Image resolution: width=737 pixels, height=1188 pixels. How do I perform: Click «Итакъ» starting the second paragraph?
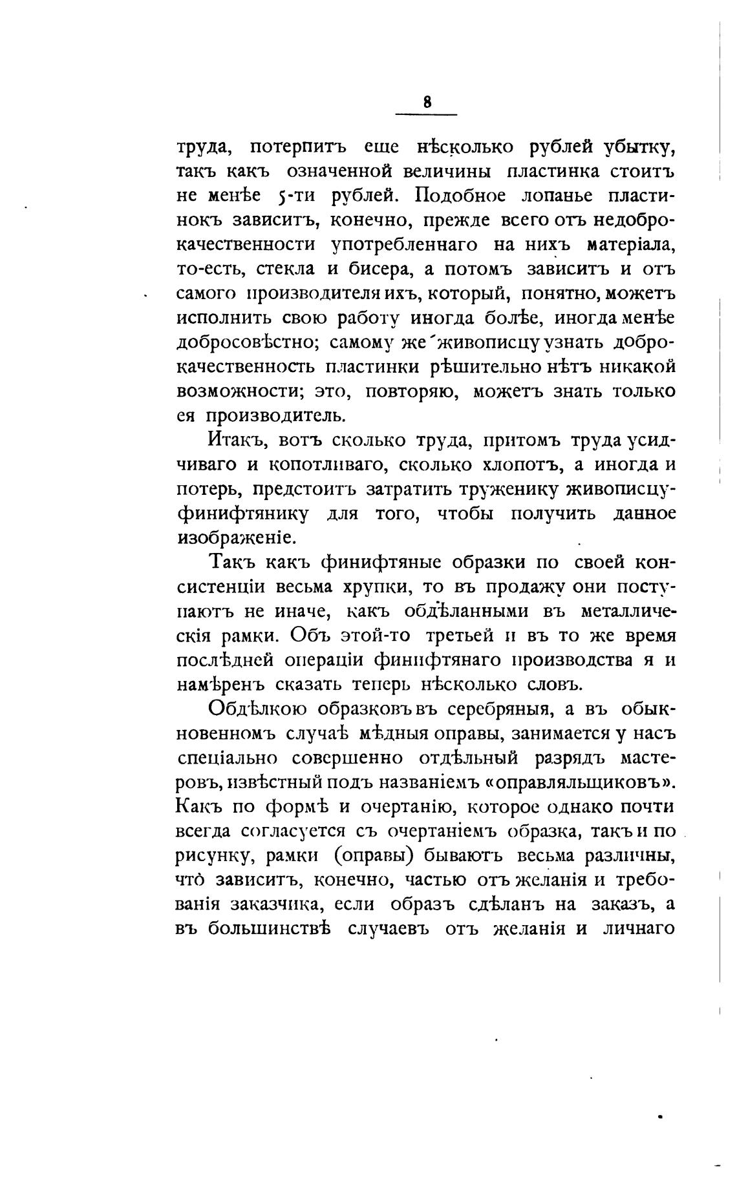tap(237, 441)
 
